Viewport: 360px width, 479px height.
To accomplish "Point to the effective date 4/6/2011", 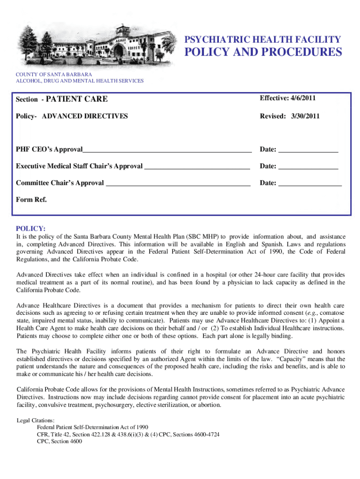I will [289, 98].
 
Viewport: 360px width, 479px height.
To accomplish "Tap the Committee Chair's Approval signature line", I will [178, 183].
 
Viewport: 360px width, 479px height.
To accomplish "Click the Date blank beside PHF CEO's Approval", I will [308, 150].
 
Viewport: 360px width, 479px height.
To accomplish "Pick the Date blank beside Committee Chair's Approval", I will [310, 183].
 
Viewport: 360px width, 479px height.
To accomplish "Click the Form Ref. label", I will [31, 200].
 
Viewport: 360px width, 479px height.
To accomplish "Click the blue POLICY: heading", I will [31, 229].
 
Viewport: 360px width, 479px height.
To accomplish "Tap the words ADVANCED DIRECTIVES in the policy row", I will [85, 116].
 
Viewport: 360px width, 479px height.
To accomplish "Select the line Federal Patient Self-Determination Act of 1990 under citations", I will [93, 427].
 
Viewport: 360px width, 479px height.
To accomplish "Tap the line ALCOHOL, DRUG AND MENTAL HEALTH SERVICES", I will [80, 81].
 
